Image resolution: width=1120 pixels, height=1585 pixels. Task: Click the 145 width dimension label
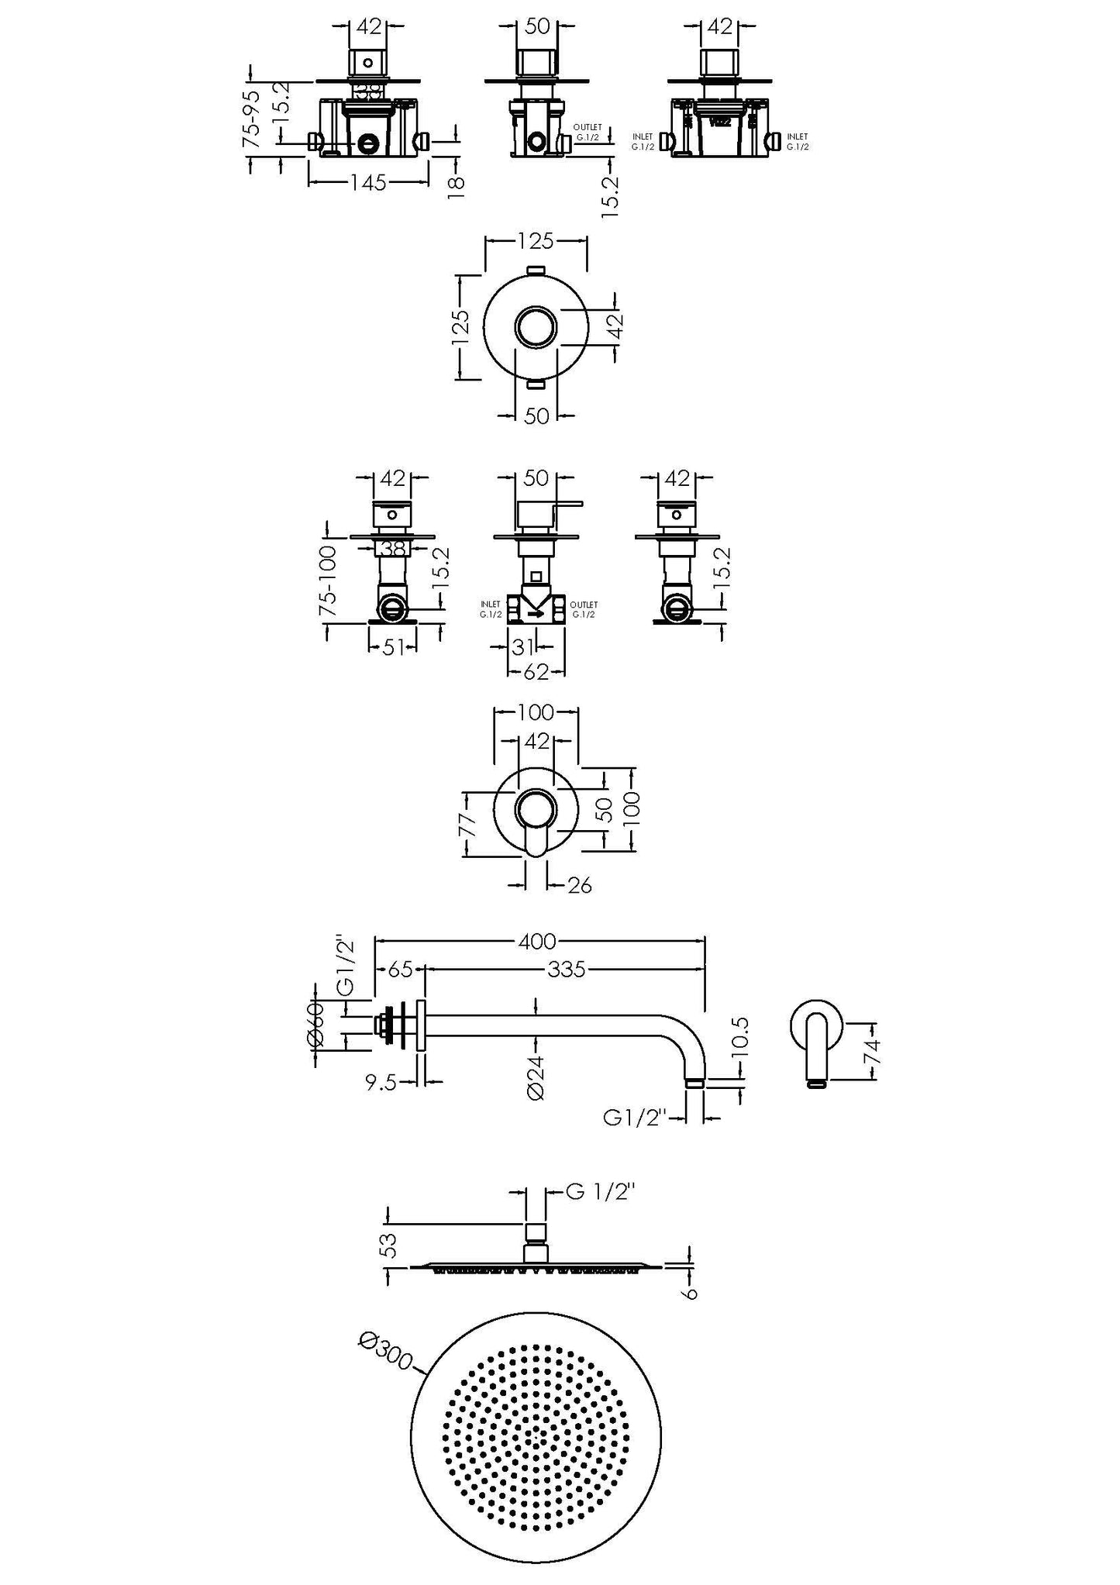[368, 183]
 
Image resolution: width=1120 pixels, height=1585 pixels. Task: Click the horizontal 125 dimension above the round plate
[536, 241]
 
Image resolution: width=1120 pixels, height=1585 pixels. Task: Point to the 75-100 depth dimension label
[328, 581]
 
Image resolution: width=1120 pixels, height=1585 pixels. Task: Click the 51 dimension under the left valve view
[394, 646]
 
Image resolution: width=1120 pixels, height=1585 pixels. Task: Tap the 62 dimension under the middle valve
[536, 672]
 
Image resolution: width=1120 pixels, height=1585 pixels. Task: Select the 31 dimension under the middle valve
[524, 646]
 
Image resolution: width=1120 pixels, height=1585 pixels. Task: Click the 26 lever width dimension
[578, 884]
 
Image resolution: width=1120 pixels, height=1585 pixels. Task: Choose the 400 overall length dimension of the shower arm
[538, 941]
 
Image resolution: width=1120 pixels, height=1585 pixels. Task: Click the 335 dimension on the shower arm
[567, 970]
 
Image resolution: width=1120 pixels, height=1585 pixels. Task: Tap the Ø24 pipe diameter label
[536, 1077]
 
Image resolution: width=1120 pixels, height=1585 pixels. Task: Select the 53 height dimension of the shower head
[391, 1245]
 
